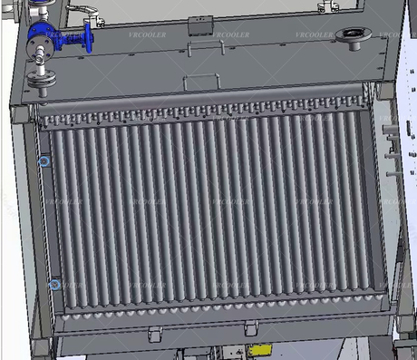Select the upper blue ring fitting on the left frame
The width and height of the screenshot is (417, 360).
[45, 161]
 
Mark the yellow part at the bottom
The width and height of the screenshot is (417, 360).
[261, 348]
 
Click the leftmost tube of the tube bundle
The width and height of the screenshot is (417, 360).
[57, 209]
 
